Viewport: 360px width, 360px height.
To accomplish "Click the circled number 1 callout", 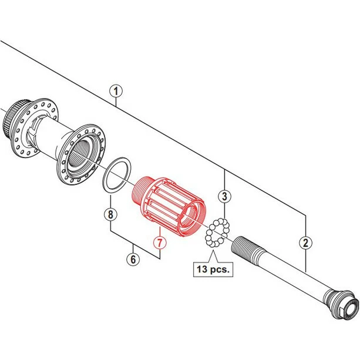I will [117, 92].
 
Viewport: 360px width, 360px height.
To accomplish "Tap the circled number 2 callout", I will [305, 241].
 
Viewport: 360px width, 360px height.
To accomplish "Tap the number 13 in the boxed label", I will [203, 271].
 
